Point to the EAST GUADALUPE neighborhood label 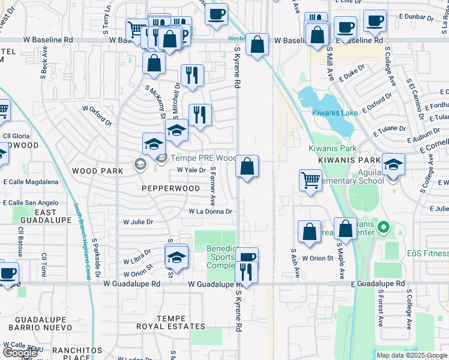click(37, 217)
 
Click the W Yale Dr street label click(191, 170)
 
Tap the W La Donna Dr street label click(210, 211)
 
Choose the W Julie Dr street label click(138, 221)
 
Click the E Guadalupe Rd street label click(378, 283)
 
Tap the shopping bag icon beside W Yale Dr click(247, 166)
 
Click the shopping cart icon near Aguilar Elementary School click(310, 179)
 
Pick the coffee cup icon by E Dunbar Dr click(375, 20)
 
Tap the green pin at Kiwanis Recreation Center click(385, 228)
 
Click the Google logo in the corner click(19, 353)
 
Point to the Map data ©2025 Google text click(412, 355)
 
